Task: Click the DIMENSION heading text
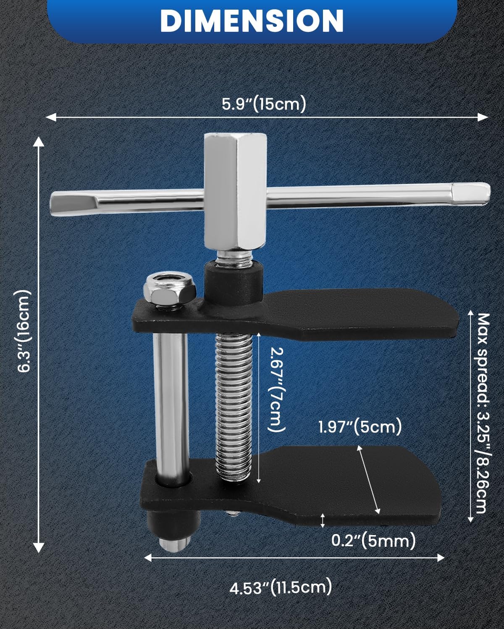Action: (x=252, y=20)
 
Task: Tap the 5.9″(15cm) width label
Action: (x=263, y=104)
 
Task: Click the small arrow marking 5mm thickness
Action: (x=323, y=520)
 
